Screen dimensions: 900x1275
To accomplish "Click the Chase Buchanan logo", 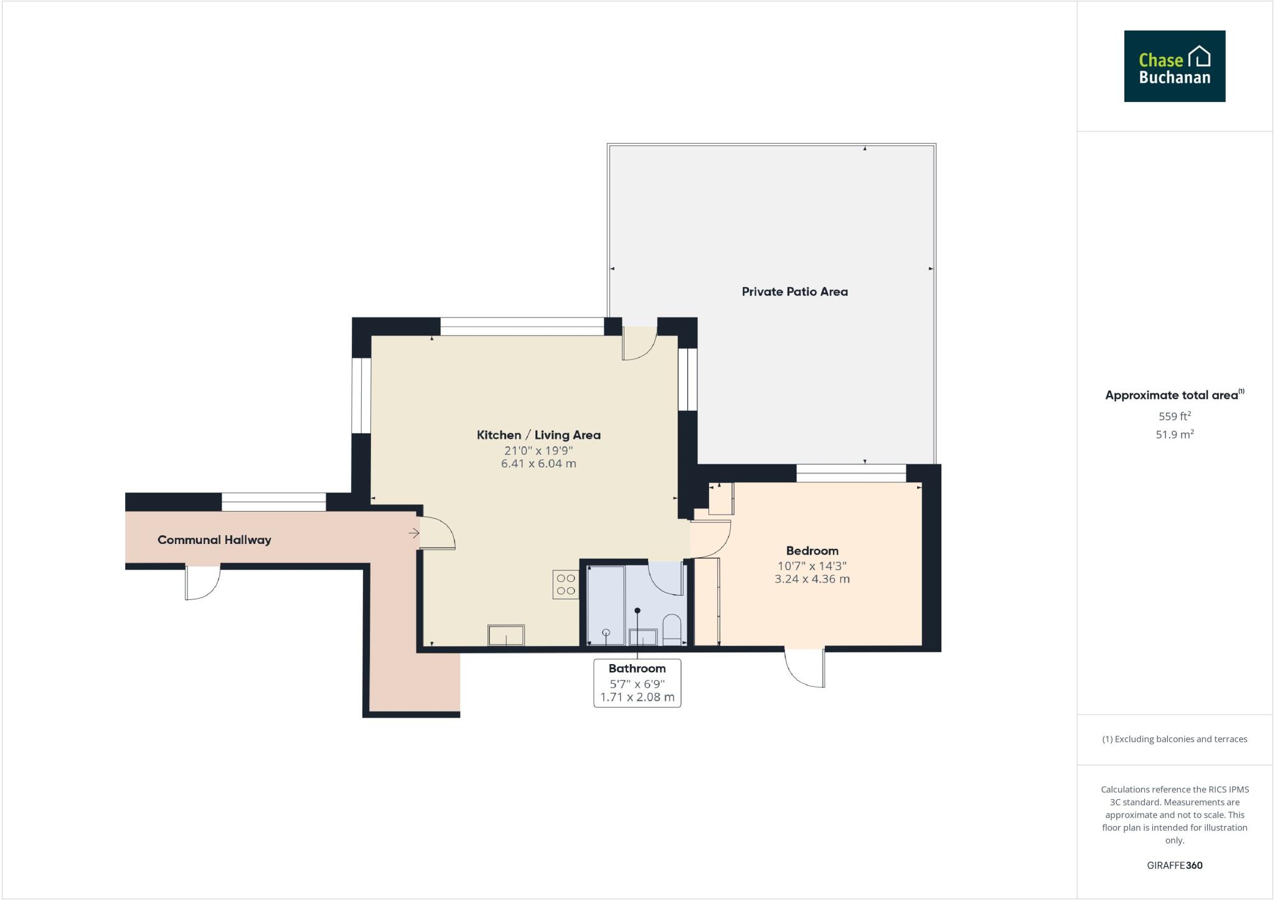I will pos(1174,66).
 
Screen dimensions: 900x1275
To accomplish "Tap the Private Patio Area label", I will pos(794,291).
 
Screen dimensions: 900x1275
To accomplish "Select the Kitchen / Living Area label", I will pos(539,435).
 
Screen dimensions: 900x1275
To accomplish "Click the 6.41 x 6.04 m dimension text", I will pos(539,464).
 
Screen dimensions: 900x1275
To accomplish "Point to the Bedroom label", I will pos(812,551).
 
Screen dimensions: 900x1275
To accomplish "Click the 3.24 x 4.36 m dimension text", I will pos(812,579).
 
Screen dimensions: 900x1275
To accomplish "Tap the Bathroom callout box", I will pos(637,683).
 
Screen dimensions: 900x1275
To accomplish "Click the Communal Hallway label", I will pos(214,540).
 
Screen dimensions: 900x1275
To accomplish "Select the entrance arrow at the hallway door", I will pos(414,533).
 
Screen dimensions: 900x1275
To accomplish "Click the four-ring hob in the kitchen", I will pos(565,584).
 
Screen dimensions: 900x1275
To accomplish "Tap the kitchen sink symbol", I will pos(506,635).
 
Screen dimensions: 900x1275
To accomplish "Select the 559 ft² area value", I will pos(1174,416).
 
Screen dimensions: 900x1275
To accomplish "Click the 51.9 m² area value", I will pos(1174,434).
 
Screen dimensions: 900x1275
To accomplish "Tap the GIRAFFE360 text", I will pos(1174,865).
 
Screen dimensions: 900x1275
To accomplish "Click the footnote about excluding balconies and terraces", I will pos(1174,739).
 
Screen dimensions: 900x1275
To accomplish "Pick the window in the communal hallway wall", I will pos(273,502).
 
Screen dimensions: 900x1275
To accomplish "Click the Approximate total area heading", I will pos(1172,395).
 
